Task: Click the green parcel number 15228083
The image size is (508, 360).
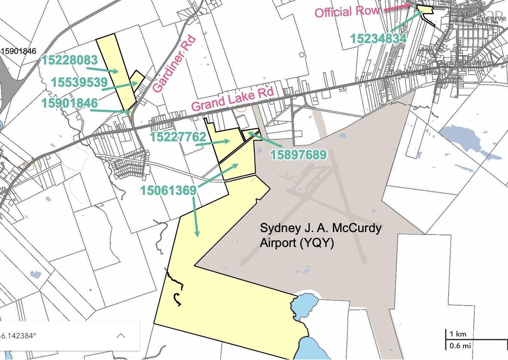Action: (x=69, y=60)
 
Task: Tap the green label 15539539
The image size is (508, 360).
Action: (x=79, y=82)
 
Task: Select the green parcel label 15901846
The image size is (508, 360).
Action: (x=70, y=103)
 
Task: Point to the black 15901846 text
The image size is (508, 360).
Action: (x=19, y=51)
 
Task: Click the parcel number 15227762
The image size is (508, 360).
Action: (x=178, y=137)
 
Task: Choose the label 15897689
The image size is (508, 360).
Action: (x=298, y=154)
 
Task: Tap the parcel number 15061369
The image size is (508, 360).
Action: (x=168, y=190)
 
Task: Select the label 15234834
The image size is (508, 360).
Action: (x=378, y=38)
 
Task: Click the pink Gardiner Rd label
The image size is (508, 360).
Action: (x=174, y=63)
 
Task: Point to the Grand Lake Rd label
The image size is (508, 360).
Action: (x=233, y=99)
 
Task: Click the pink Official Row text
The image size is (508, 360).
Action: (x=347, y=12)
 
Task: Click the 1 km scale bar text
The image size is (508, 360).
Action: (x=458, y=334)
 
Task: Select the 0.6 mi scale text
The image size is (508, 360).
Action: (x=460, y=345)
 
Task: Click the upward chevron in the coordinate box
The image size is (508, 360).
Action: (x=121, y=335)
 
